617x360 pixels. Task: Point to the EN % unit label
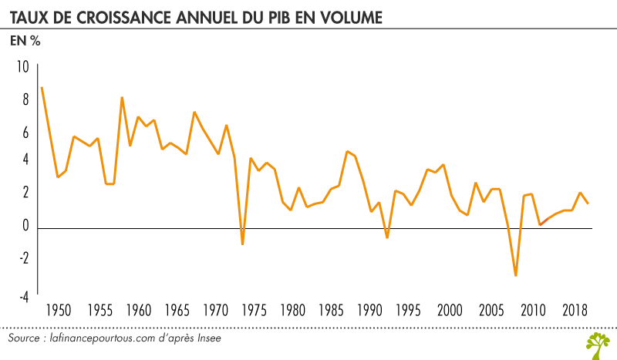point(25,42)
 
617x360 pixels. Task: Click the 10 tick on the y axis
point(22,68)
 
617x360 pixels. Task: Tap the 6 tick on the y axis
point(25,132)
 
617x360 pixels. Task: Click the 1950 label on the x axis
point(59,311)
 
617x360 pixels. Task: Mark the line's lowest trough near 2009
point(515,275)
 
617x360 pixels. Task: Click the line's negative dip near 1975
point(243,244)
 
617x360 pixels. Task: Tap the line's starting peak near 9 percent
point(42,88)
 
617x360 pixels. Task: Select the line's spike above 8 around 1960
point(122,98)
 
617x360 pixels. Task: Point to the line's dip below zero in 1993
point(386,237)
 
